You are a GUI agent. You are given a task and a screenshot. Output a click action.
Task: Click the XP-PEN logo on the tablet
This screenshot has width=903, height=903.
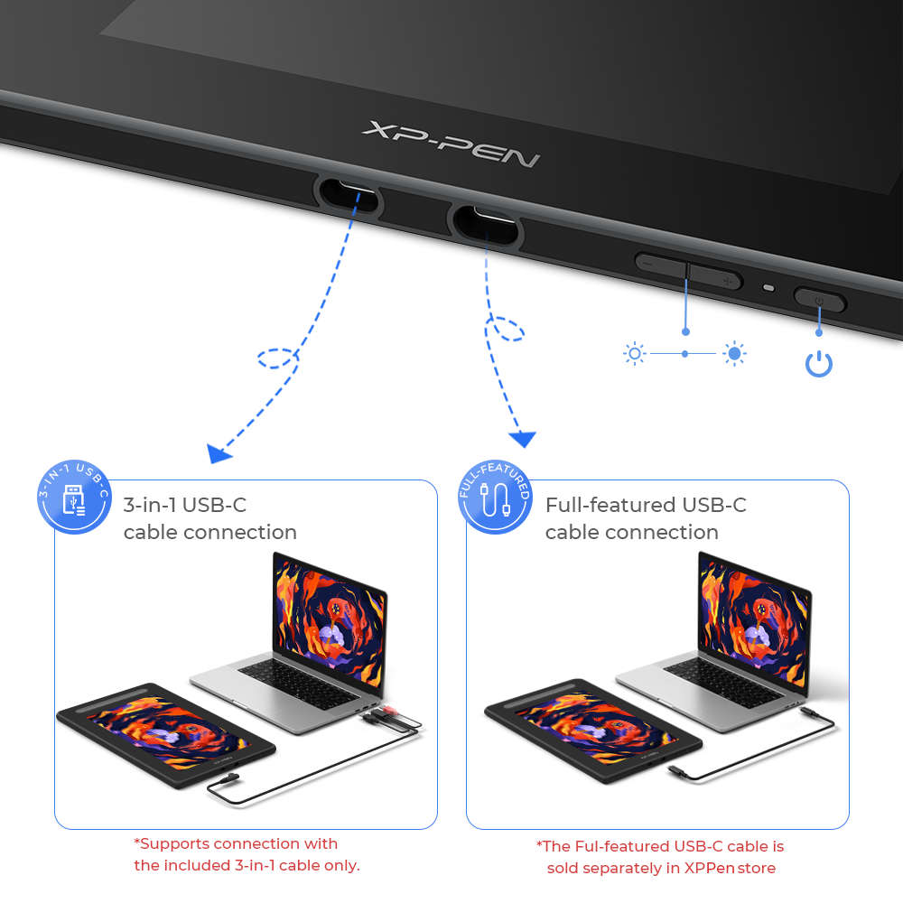click(x=451, y=144)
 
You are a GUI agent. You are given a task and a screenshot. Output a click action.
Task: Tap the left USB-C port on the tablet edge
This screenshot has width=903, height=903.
click(x=348, y=193)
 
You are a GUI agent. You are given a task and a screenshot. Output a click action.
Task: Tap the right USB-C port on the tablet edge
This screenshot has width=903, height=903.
click(x=486, y=223)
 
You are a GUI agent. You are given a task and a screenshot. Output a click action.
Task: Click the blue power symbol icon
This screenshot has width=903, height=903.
click(x=818, y=364)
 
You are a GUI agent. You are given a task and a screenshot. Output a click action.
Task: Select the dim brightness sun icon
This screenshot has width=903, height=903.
click(x=635, y=353)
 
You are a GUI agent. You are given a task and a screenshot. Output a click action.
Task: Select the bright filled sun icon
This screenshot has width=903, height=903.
click(x=735, y=354)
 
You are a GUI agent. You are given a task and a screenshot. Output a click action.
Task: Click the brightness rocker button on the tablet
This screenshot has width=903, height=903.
click(x=688, y=270)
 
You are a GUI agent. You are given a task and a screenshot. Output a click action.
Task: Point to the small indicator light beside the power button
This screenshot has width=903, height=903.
click(x=768, y=289)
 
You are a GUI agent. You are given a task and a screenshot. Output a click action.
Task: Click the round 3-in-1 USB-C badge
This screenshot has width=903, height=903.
click(x=74, y=497)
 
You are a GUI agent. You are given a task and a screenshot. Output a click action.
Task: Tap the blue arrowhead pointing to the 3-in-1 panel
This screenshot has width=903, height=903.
click(x=217, y=452)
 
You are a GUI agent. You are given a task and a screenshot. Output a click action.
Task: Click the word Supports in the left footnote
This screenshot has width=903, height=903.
click(x=175, y=843)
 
